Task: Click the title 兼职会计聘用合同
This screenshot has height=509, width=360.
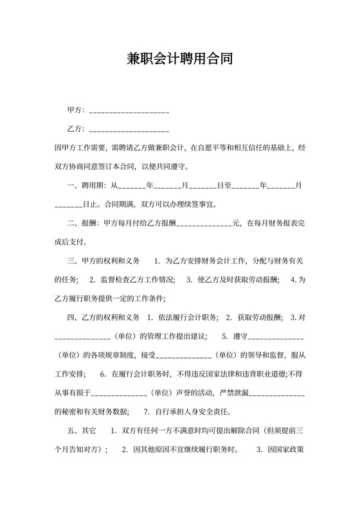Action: (179, 60)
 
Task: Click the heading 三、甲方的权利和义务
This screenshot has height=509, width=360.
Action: (104, 261)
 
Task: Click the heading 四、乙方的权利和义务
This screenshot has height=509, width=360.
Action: (104, 317)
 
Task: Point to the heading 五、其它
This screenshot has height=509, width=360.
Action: (82, 430)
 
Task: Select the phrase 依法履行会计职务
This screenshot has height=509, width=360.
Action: (186, 317)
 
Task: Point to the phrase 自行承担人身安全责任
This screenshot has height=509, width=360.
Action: (191, 411)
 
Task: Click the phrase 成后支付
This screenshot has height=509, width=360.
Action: (70, 242)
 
